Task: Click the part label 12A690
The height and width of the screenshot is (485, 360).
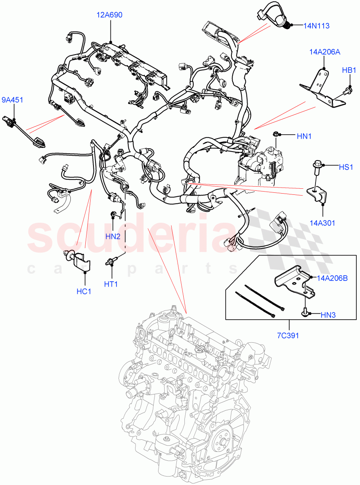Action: [x=109, y=15]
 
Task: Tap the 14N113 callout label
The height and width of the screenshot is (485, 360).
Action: [x=316, y=26]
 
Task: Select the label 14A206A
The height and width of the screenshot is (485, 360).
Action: [x=324, y=52]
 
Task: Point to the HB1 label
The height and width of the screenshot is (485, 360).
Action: [x=348, y=70]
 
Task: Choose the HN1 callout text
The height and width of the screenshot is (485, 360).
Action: [x=304, y=137]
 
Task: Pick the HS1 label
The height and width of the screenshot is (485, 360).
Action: [x=346, y=167]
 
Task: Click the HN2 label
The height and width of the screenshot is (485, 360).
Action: [x=113, y=236]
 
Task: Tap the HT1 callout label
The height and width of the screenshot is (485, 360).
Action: [x=111, y=284]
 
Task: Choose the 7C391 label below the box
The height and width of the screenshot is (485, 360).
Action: [x=288, y=335]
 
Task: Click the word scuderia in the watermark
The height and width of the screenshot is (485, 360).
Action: [x=129, y=236]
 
